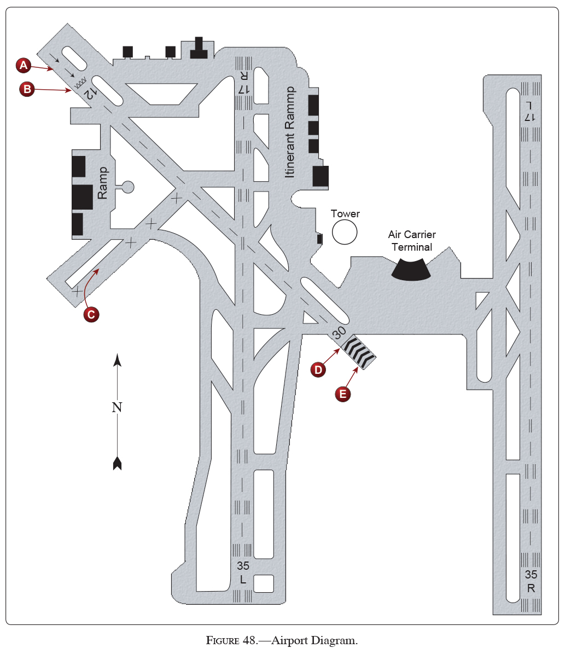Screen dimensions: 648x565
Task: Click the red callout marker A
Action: [23, 65]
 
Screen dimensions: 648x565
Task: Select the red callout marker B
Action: [27, 89]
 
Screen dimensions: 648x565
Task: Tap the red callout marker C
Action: [91, 314]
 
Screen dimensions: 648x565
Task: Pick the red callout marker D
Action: [318, 370]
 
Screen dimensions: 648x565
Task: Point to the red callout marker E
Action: [342, 394]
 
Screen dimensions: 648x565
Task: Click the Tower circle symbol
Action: [345, 233]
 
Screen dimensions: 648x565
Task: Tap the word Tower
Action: [345, 213]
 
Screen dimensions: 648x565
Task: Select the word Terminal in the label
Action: [411, 247]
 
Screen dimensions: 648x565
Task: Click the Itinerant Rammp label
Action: [290, 132]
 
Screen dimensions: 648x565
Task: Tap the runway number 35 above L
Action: [243, 566]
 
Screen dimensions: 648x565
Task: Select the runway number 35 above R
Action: [531, 575]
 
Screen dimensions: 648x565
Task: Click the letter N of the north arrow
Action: [117, 407]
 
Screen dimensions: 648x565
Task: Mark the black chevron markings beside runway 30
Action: [359, 351]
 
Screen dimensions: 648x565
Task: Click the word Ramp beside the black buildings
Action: [103, 183]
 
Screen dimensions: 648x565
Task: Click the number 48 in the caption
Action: [249, 640]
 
